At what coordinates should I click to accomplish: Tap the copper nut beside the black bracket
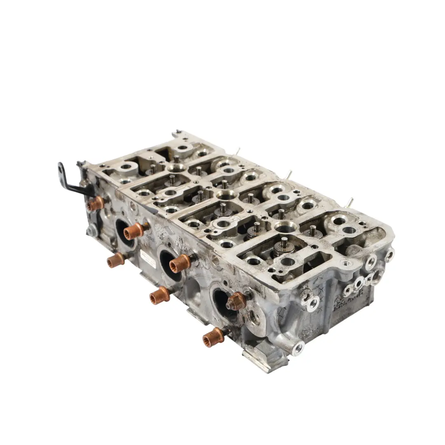pyautogui.click(x=96, y=204)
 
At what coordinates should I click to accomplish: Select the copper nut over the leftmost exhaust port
pyautogui.click(x=133, y=231)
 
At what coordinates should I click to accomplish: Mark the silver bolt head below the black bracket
pyautogui.click(x=91, y=231)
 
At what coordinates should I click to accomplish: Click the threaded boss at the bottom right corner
pyautogui.click(x=297, y=349)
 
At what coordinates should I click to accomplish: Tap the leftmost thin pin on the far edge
pyautogui.click(x=237, y=151)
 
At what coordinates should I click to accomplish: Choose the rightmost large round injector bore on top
pyautogui.click(x=286, y=227)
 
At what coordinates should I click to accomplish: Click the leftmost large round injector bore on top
pyautogui.click(x=177, y=167)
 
